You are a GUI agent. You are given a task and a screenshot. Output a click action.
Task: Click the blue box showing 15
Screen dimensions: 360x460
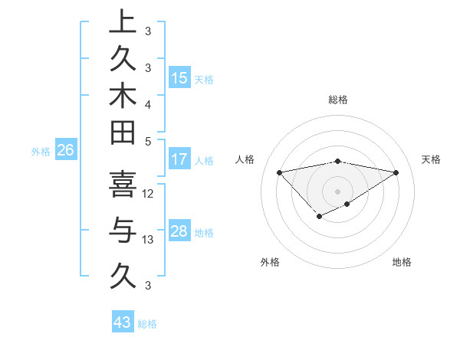click(179, 78)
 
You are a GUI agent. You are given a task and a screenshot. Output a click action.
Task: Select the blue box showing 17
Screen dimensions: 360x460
click(179, 159)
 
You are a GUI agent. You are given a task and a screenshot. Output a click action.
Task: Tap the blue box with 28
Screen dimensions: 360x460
click(179, 231)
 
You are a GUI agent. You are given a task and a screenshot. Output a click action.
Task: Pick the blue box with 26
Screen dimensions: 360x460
click(65, 151)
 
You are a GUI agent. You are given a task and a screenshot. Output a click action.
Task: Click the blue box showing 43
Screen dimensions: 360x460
click(123, 322)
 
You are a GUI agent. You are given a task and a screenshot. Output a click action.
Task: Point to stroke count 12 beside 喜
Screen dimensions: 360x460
click(149, 194)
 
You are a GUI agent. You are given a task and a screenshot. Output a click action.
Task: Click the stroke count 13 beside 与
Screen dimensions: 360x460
click(149, 240)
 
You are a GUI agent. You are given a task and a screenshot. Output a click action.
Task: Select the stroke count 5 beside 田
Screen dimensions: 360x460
click(148, 141)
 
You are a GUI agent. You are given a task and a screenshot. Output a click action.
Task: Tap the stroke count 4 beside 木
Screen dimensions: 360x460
click(148, 103)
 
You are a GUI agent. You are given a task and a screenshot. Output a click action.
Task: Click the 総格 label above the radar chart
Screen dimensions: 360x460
click(338, 100)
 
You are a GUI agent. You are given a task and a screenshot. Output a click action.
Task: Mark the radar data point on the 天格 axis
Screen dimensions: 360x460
click(396, 172)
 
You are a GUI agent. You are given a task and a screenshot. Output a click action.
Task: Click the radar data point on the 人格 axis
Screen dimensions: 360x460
click(279, 172)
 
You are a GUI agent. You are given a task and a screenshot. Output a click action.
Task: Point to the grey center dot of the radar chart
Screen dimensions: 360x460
click(337, 191)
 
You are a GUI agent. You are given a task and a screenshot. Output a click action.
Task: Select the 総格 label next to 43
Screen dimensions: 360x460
click(147, 324)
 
